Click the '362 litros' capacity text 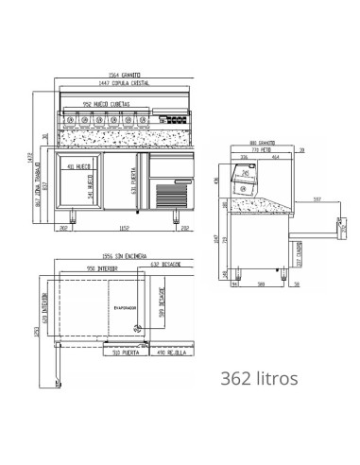point(258,378)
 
